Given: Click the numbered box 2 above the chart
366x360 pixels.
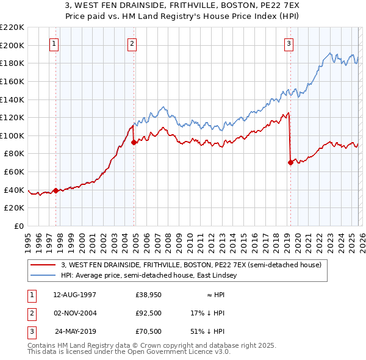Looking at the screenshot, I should (x=132, y=43).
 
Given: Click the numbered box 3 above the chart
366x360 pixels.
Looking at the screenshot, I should (x=289, y=43).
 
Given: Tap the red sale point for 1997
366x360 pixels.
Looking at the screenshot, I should (x=56, y=190).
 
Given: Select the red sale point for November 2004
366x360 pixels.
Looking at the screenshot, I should (x=134, y=142).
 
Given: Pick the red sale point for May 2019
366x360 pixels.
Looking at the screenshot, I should (x=290, y=162).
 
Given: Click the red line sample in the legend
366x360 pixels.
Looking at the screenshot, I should (x=43, y=265).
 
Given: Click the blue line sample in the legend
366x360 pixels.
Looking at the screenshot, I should (x=43, y=276).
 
